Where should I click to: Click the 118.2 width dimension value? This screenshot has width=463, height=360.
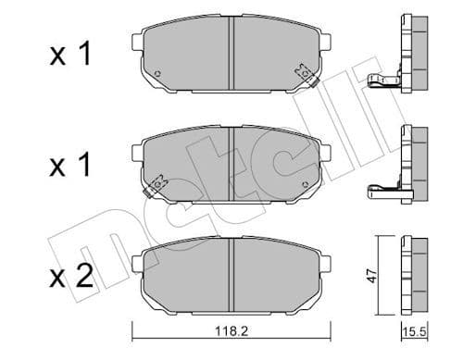[230, 341]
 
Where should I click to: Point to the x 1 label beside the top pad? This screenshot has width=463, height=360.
[73, 56]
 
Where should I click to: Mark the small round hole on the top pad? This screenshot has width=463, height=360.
[159, 74]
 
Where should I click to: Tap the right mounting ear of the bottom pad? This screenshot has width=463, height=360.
[324, 262]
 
